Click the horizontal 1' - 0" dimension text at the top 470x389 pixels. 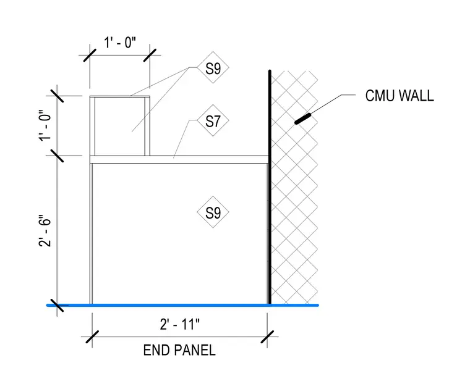[x=120, y=43]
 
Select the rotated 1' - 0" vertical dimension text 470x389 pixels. [x=45, y=126]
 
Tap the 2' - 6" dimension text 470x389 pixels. [x=45, y=231]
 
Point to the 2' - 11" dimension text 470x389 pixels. [x=180, y=324]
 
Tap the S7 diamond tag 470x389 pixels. [x=213, y=120]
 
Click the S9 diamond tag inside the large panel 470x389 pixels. [x=213, y=212]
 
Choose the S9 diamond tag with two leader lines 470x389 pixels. [x=213, y=68]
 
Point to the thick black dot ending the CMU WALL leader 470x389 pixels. [x=303, y=119]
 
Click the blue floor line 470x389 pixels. [x=182, y=305]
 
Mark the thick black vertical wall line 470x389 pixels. [x=270, y=187]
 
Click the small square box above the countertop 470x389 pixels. [x=120, y=126]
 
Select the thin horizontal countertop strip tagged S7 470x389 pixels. [x=179, y=159]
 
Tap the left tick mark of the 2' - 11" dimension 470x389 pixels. [x=92, y=337]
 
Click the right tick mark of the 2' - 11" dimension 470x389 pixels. [x=267, y=337]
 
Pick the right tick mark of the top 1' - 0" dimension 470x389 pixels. [x=150, y=56]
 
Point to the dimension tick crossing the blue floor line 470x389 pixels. [x=57, y=305]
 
